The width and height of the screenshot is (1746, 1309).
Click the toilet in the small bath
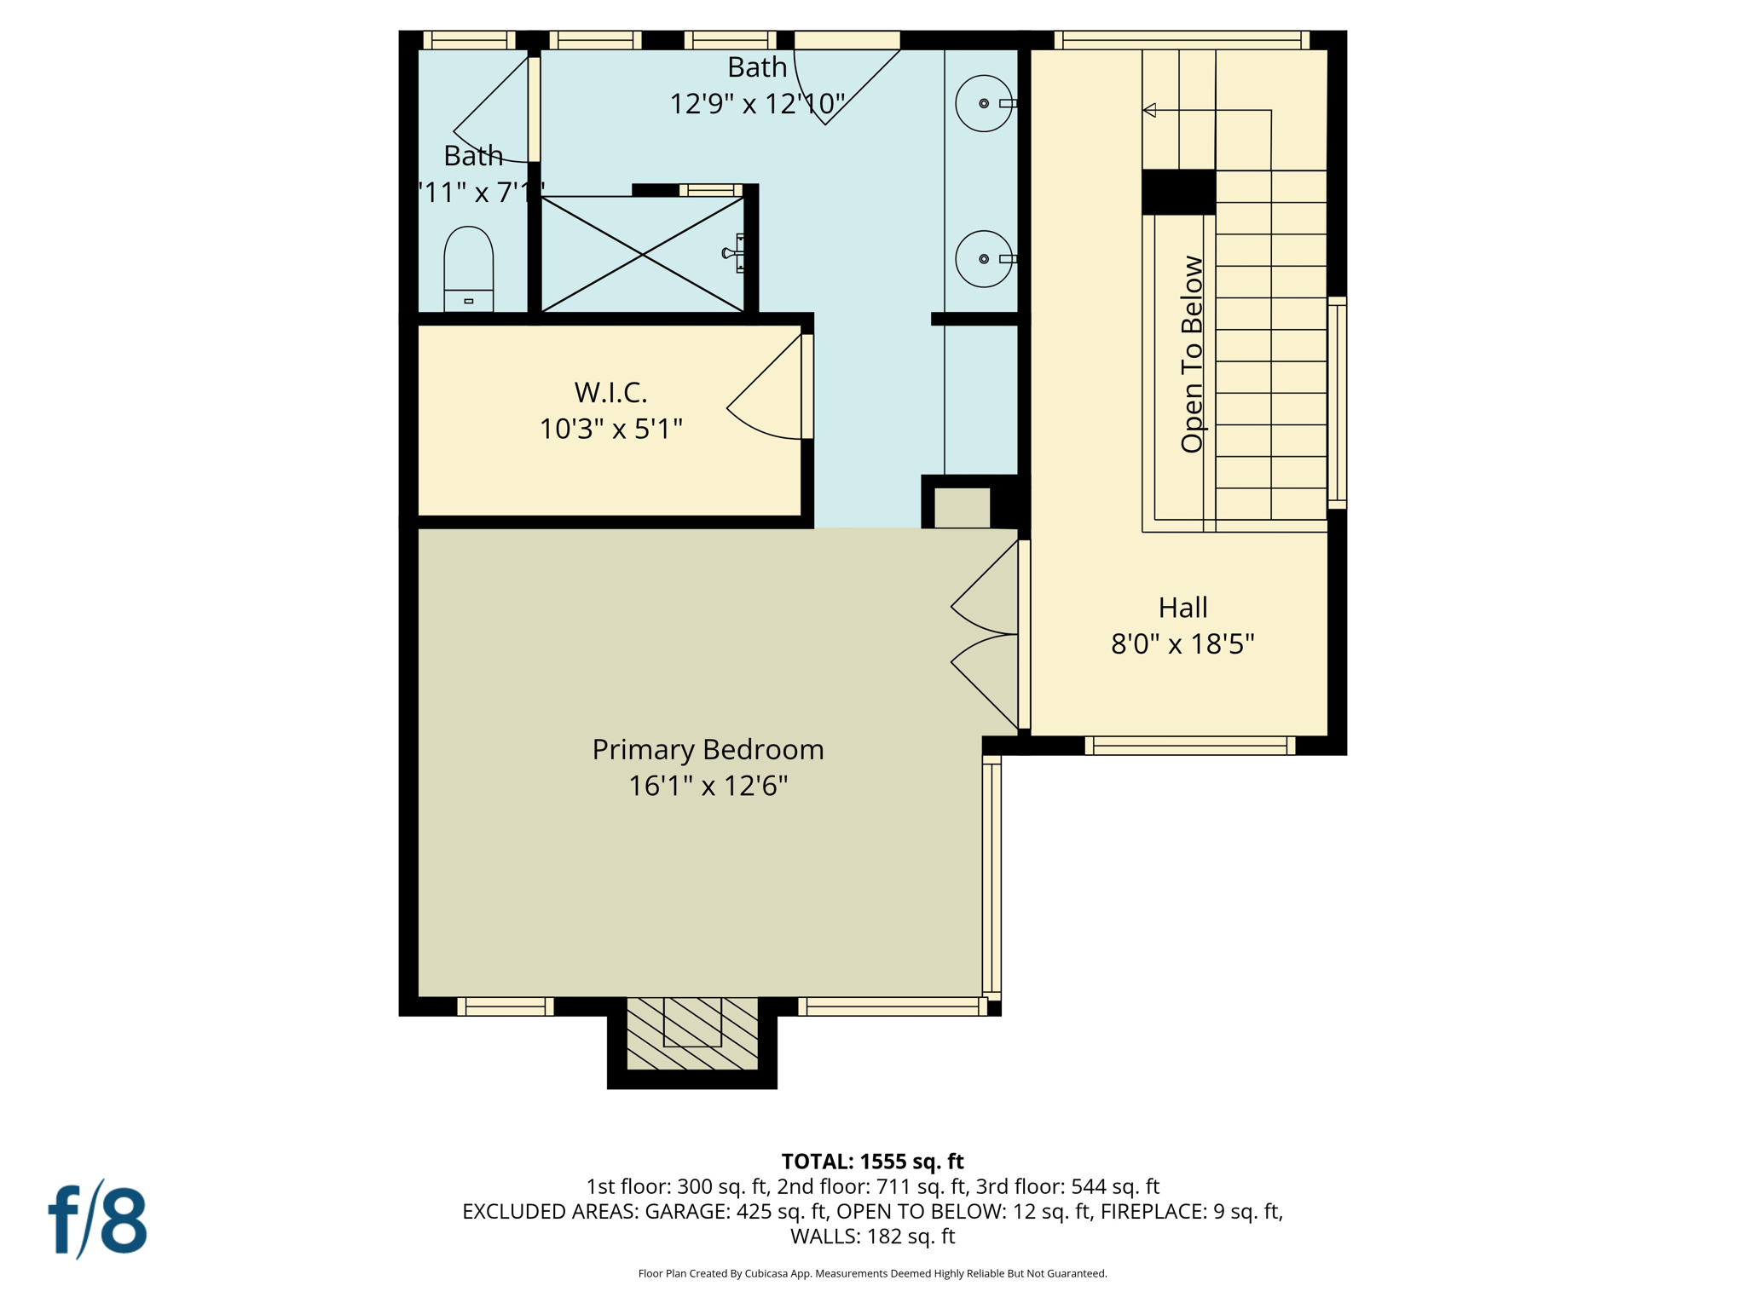click(x=468, y=268)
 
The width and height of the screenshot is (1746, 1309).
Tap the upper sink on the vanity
click(x=983, y=103)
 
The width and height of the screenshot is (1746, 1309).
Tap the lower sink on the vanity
click(x=983, y=258)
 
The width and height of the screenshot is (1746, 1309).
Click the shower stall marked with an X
click(x=643, y=254)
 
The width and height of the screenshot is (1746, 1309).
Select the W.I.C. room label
click(x=610, y=392)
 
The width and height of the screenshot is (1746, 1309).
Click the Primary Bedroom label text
click(x=708, y=749)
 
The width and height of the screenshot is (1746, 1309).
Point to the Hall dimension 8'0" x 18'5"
click(x=1182, y=643)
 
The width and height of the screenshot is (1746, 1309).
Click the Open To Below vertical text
click(x=1191, y=354)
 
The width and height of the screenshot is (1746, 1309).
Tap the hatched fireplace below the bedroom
click(x=691, y=1033)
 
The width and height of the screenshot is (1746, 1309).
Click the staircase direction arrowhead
click(x=1149, y=110)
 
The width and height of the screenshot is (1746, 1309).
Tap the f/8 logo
click(x=97, y=1220)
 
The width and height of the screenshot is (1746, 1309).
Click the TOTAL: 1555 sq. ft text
click(x=872, y=1162)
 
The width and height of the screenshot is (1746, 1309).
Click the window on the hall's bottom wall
click(x=1189, y=746)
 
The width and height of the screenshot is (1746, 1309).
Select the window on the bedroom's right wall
click(x=991, y=878)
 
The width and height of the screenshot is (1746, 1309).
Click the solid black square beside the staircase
click(x=1178, y=192)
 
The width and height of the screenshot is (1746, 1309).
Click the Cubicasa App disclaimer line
click(x=872, y=1273)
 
